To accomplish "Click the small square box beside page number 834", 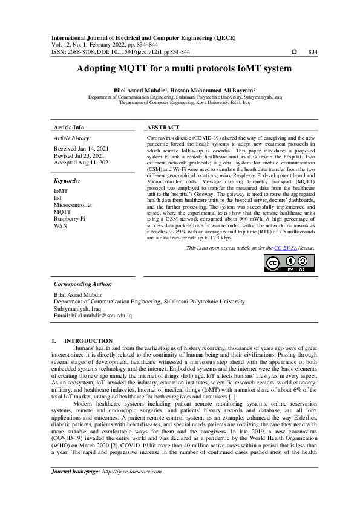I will click(x=294, y=53).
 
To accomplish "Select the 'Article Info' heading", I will click(x=70, y=128).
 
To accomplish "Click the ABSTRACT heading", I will click(x=163, y=128).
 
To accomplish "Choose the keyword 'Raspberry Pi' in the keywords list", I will click(x=70, y=218).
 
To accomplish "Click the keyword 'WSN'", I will click(x=61, y=225).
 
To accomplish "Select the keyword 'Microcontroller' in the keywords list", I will click(x=73, y=204).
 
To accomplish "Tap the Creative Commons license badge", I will click(x=289, y=264).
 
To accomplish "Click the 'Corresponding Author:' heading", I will click(x=83, y=284).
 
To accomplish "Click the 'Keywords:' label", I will click(x=67, y=181).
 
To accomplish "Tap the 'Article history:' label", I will click(x=71, y=138).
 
